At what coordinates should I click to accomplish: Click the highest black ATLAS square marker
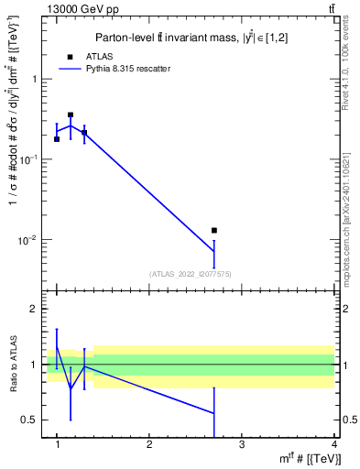coord(71,115)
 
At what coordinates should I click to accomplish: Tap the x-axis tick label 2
coord(149,445)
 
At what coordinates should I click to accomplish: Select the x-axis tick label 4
coord(333,445)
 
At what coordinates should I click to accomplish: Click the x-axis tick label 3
coord(242,445)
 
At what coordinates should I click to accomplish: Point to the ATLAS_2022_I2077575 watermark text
coord(190,273)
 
